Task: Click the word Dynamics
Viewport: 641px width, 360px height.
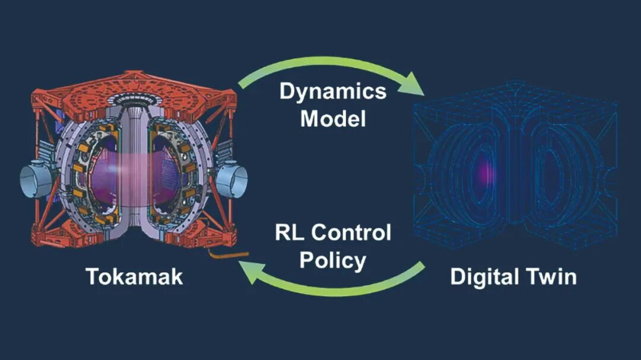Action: tap(332, 92)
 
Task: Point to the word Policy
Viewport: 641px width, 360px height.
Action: tap(332, 260)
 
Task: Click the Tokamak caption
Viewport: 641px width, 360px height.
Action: tap(134, 276)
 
